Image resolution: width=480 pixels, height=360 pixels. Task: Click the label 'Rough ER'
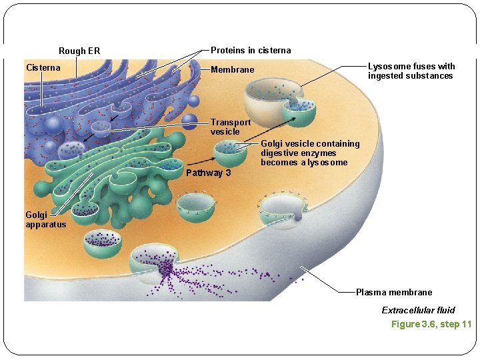(79, 51)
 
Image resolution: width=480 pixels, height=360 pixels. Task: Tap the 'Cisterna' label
(43, 67)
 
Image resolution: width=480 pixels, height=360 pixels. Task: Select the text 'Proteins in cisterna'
(251, 51)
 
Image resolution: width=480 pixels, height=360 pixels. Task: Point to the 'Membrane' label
(232, 70)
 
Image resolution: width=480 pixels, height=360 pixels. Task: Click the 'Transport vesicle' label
(231, 127)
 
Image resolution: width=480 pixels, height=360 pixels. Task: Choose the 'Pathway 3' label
(209, 173)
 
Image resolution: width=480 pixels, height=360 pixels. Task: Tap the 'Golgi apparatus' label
(45, 219)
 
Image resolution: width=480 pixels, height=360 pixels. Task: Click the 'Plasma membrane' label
(393, 292)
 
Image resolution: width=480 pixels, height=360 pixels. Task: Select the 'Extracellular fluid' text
(418, 310)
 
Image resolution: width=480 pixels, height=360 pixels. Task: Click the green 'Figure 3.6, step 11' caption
(431, 324)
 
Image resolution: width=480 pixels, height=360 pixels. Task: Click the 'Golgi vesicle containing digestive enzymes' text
(310, 148)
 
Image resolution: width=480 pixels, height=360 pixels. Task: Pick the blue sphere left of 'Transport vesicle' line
(190, 121)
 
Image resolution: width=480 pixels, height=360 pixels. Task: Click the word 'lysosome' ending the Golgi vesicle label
(328, 163)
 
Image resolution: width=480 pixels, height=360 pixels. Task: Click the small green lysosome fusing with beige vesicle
(298, 111)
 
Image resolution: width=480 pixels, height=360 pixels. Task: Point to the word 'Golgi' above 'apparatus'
(36, 215)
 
